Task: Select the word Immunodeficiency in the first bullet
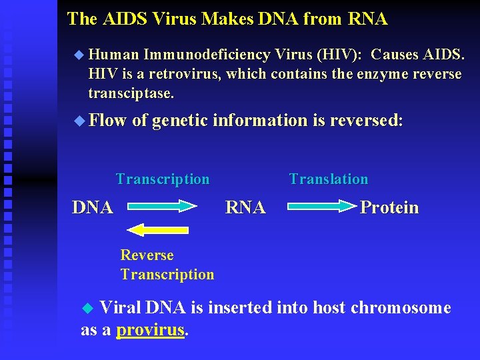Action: coord(206,55)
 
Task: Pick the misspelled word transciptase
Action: coord(131,93)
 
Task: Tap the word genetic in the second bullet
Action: coord(180,121)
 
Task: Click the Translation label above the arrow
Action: coord(328,179)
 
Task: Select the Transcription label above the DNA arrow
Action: coord(162,179)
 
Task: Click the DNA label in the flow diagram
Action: coord(92,208)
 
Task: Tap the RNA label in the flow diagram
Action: coord(245,208)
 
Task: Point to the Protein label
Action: coord(389,208)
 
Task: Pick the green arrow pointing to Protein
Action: coord(322,208)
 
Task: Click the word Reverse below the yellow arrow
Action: coord(147,255)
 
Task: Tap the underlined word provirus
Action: coord(150,330)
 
